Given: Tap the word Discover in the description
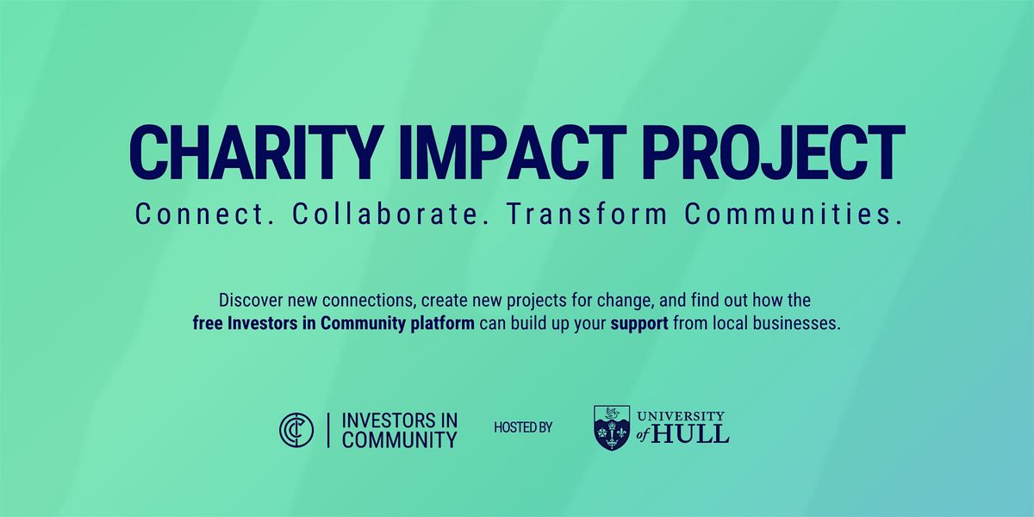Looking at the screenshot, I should point(250,302).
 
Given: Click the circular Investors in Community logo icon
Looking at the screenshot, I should point(296,429).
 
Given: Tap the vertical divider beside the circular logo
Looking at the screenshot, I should point(327,429).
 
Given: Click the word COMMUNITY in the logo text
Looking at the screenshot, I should point(400,439).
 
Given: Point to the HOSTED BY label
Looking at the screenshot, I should point(523,428).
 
